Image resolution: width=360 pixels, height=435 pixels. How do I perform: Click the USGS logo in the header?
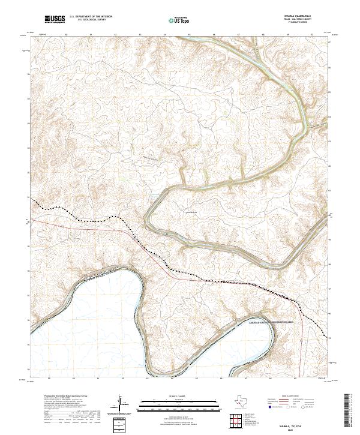pos(55,20)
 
